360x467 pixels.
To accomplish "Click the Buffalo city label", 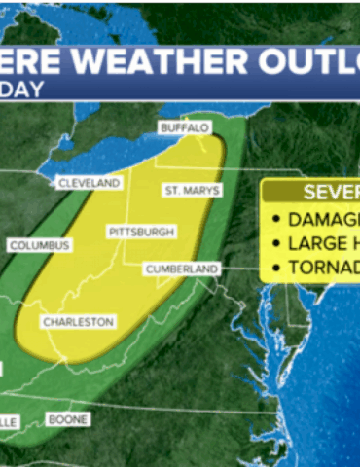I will click(185, 128).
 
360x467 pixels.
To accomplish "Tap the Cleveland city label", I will click(89, 183).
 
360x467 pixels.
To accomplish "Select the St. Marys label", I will click(192, 190).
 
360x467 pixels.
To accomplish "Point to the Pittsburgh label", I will click(142, 233).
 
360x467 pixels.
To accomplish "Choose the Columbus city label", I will click(39, 246).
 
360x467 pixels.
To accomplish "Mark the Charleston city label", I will click(78, 322).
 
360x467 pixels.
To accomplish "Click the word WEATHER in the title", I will click(156, 64).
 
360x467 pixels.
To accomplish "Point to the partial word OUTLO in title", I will click(311, 64).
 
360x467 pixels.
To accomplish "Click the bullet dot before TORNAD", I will click(277, 268).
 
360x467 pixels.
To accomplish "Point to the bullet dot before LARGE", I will click(277, 242).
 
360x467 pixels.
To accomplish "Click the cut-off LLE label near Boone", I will click(8, 420).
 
